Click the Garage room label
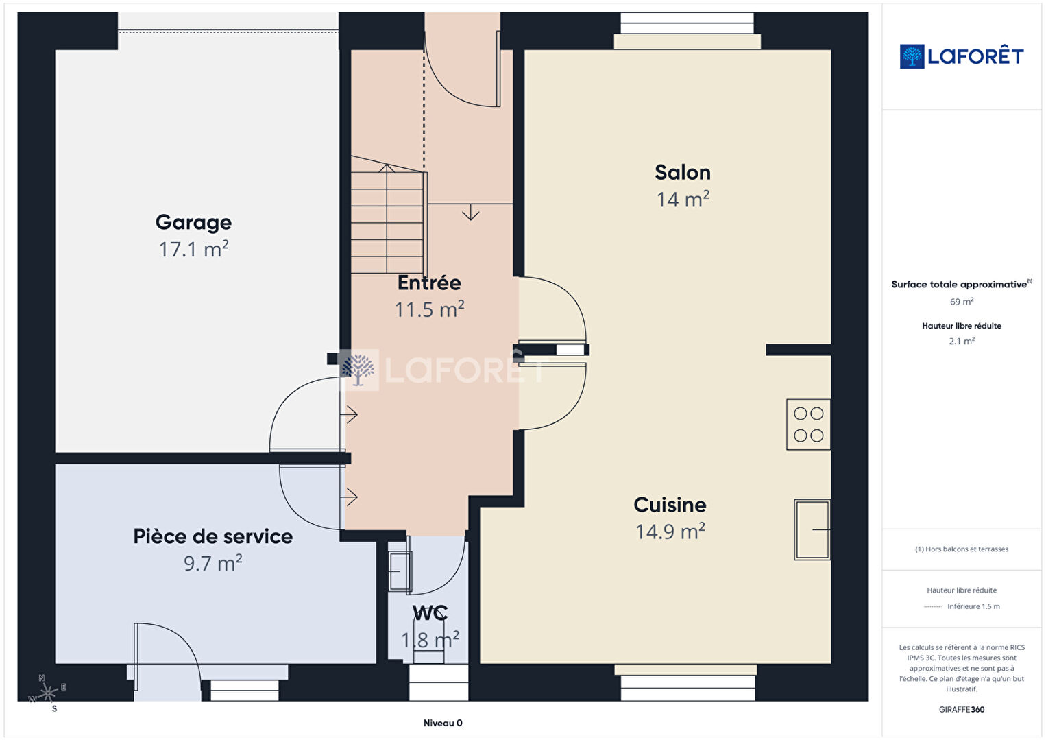click(193, 223)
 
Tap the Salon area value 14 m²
click(683, 200)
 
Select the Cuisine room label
click(670, 505)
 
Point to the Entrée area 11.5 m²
click(429, 309)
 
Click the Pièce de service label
click(213, 536)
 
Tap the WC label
click(430, 613)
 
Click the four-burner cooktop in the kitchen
click(808, 425)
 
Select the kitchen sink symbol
click(812, 529)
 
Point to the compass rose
click(47, 693)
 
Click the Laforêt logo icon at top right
click(912, 56)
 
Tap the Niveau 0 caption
click(443, 723)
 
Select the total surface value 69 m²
click(962, 302)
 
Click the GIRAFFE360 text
click(962, 710)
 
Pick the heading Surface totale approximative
click(961, 285)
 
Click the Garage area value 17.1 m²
click(193, 249)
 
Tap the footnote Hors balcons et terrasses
click(962, 549)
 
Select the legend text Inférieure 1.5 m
click(973, 606)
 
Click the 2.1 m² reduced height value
click(962, 341)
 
